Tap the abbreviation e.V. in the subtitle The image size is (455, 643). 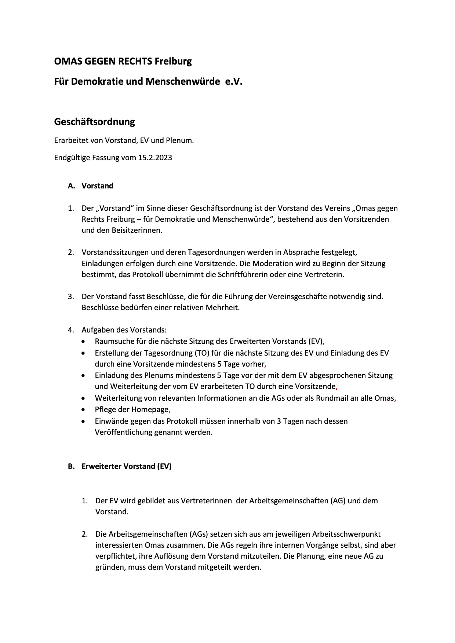click(x=234, y=81)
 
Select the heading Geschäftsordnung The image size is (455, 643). click(x=94, y=122)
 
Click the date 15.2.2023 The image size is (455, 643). click(x=155, y=158)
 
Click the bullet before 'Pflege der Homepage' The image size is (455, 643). click(x=84, y=409)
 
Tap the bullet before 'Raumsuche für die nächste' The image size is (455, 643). click(x=84, y=341)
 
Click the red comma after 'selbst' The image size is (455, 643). click(x=362, y=546)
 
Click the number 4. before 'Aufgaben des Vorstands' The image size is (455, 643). click(x=71, y=330)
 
